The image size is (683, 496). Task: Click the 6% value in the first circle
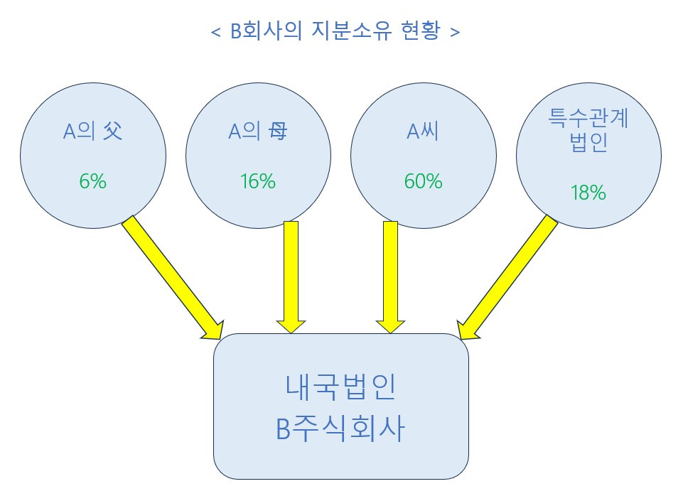pyautogui.click(x=92, y=181)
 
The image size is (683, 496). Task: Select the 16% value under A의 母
pyautogui.click(x=257, y=181)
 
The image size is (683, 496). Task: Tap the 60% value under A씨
pyautogui.click(x=423, y=181)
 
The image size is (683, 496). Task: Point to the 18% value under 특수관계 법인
pyautogui.click(x=588, y=192)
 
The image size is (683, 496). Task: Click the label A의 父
pyautogui.click(x=92, y=132)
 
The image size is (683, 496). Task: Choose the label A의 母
pyautogui.click(x=257, y=132)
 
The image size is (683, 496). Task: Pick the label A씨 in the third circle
pyautogui.click(x=423, y=132)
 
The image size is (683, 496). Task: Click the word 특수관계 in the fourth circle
pyautogui.click(x=588, y=119)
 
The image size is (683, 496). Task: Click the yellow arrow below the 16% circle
pyautogui.click(x=290, y=277)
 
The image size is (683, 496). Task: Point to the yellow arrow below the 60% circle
pyautogui.click(x=389, y=277)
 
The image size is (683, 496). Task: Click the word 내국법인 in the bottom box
pyautogui.click(x=340, y=388)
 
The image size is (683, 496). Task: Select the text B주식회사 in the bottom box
pyautogui.click(x=340, y=430)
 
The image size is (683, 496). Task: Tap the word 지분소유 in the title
pyautogui.click(x=353, y=33)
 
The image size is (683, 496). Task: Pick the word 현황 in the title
pyautogui.click(x=424, y=33)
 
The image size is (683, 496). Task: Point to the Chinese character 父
pyautogui.click(x=112, y=132)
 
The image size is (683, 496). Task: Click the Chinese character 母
pyautogui.click(x=278, y=132)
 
